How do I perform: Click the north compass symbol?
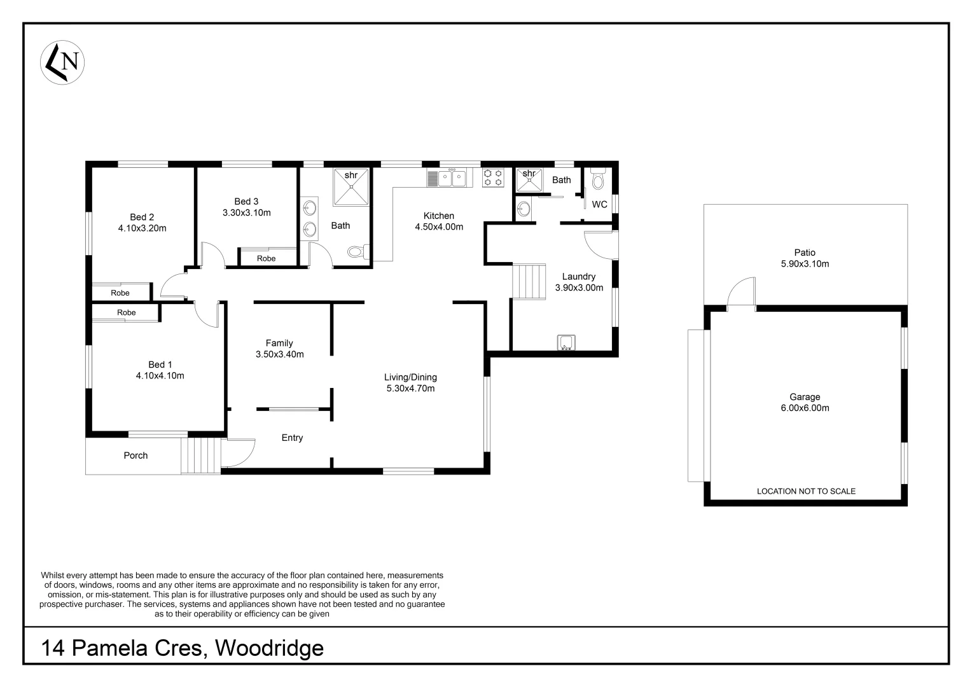pyautogui.click(x=63, y=62)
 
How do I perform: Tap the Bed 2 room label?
pyautogui.click(x=142, y=217)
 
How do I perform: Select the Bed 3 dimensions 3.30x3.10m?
pyautogui.click(x=246, y=212)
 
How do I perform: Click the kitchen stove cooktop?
pyautogui.click(x=493, y=177)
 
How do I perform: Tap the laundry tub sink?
pyautogui.click(x=566, y=343)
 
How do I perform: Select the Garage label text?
pyautogui.click(x=805, y=397)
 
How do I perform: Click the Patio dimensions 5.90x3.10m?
pyautogui.click(x=805, y=263)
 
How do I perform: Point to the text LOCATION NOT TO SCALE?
pyautogui.click(x=805, y=491)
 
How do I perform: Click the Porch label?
pyautogui.click(x=135, y=455)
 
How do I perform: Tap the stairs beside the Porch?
pyautogui.click(x=200, y=455)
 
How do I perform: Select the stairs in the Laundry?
pyautogui.click(x=529, y=281)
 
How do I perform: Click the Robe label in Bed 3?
pyautogui.click(x=266, y=258)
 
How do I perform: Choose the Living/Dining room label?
pyautogui.click(x=410, y=377)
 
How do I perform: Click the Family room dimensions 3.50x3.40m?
pyautogui.click(x=279, y=354)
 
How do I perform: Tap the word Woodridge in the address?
pyautogui.click(x=269, y=648)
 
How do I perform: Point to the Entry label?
pyautogui.click(x=292, y=438)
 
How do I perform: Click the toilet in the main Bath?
pyautogui.click(x=358, y=252)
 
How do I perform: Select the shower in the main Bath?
pyautogui.click(x=351, y=186)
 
